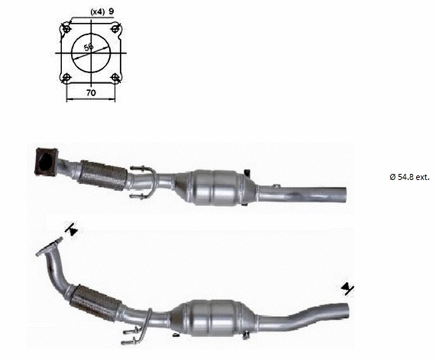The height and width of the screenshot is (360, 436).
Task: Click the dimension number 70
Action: (91, 92)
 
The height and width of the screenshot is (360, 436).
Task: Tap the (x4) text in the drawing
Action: (97, 12)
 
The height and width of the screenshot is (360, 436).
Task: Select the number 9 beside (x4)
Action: (111, 12)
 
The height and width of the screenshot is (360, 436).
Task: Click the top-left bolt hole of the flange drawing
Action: (66, 28)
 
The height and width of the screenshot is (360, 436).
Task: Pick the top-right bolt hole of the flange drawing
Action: (115, 28)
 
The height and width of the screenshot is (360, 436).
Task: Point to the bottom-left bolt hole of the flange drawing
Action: (66, 78)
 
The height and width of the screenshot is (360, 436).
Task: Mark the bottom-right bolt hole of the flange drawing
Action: (115, 78)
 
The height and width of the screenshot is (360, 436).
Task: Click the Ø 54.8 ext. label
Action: (409, 176)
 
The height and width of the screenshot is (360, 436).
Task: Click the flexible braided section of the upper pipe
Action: (97, 175)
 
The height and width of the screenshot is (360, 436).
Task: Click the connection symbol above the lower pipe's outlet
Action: (348, 288)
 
